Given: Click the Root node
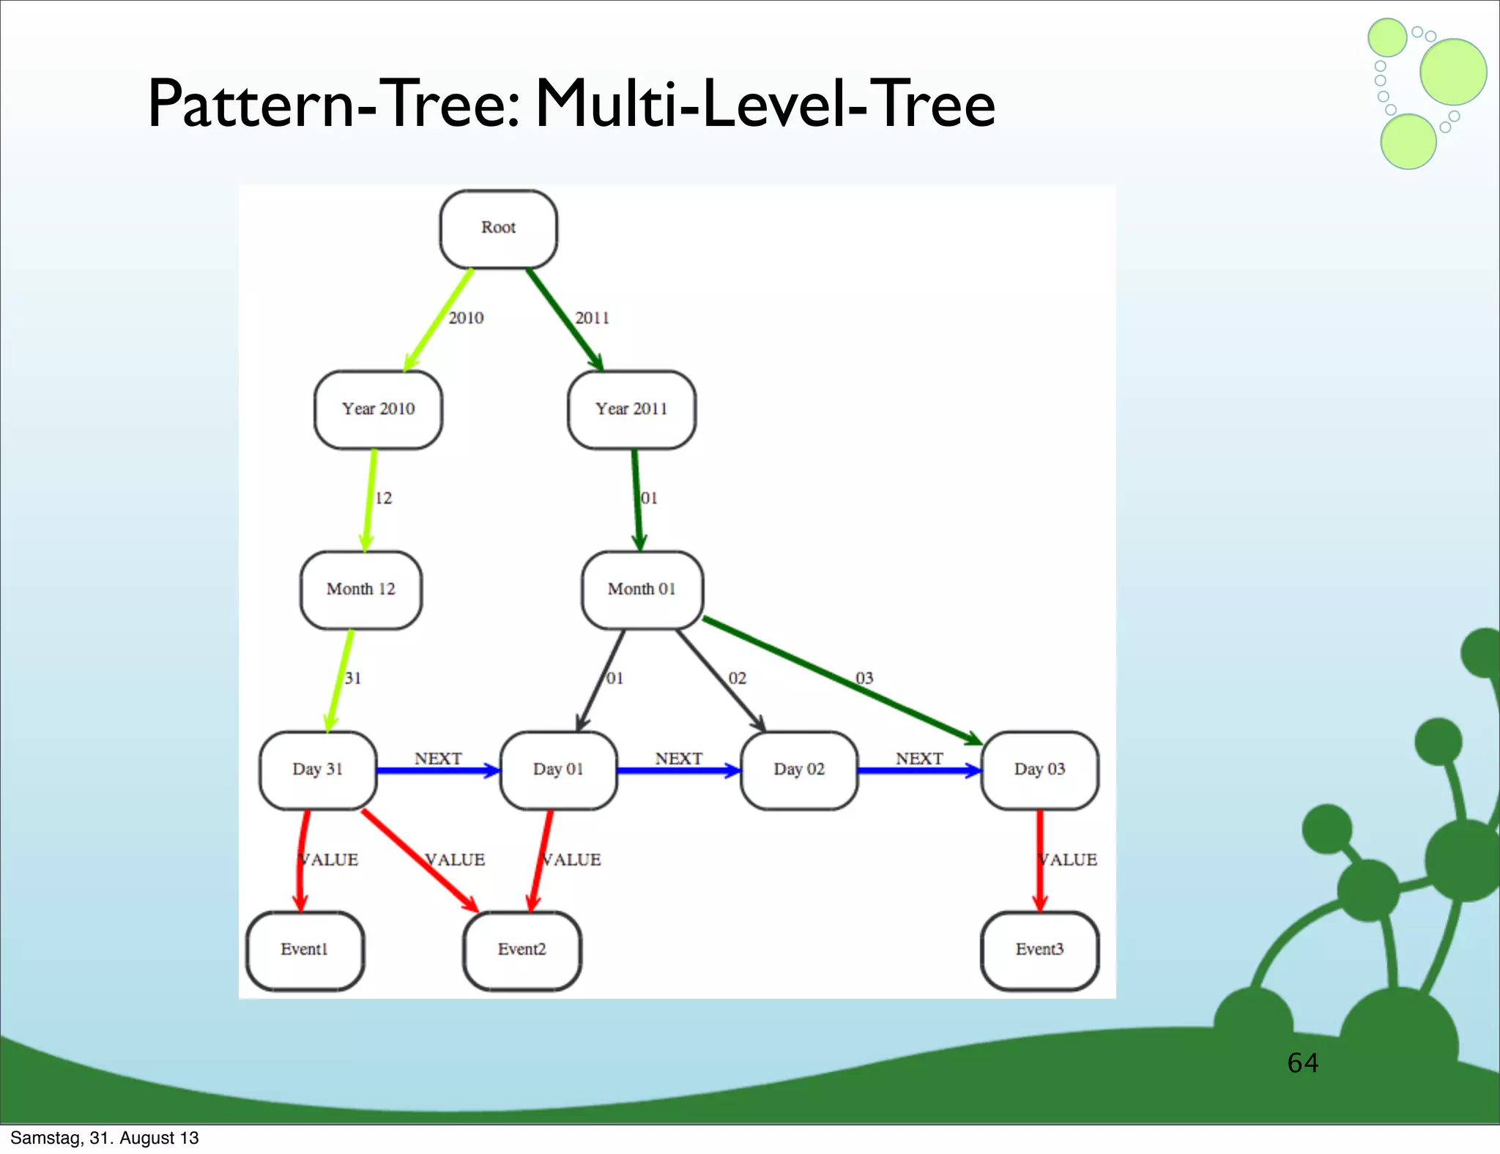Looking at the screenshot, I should (498, 228).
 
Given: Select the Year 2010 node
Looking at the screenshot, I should (378, 409).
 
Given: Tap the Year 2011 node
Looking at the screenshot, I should (631, 409).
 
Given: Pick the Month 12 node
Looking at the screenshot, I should (360, 589).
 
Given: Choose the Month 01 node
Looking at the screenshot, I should (642, 589).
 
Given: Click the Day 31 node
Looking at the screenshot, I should (318, 770).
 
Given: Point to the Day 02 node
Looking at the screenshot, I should (799, 770).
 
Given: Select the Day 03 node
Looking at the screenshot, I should (1039, 770).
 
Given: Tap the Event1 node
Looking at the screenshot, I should (305, 950).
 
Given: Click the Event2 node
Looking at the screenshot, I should (522, 950).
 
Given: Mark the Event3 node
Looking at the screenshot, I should (1039, 950).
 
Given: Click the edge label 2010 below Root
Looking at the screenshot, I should (466, 318).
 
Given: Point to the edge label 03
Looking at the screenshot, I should (864, 678).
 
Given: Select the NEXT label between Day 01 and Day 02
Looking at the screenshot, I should (678, 759).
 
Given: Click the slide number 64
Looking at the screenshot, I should (1302, 1062).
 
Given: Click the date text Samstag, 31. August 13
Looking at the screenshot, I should (105, 1138).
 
